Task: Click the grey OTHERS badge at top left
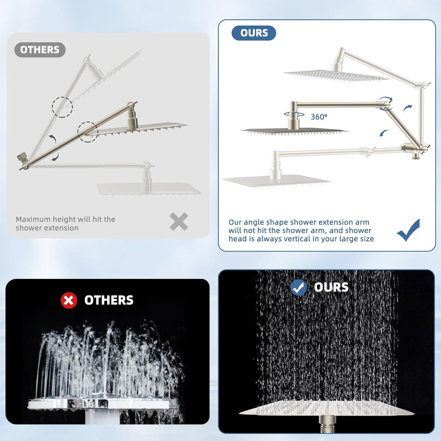40,50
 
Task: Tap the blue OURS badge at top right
254,33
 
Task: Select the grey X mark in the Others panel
179,222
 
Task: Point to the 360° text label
319,117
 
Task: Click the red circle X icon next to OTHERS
69,300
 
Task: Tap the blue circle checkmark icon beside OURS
298,288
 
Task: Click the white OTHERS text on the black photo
109,300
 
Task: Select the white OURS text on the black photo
331,287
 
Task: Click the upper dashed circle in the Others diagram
62,107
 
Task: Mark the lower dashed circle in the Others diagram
88,132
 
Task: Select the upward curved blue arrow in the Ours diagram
407,108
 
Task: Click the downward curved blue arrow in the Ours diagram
384,133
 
